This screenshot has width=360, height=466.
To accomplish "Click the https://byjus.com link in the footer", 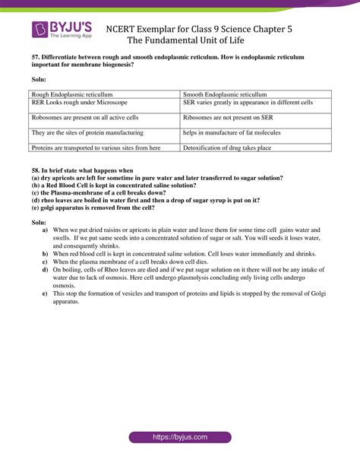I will point(179,437).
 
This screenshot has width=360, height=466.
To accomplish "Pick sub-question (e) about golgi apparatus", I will point(92,208).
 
